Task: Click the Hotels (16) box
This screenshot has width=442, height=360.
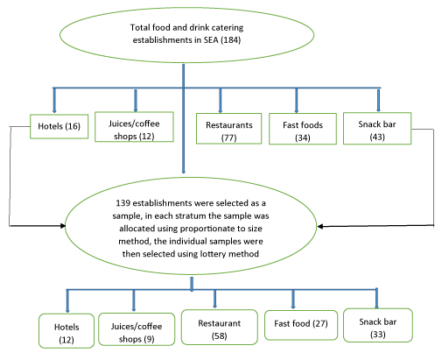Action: [59, 126]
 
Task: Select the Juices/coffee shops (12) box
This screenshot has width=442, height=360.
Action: [134, 127]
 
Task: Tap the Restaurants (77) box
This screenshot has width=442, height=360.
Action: [228, 129]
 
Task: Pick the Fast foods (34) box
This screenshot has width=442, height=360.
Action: [303, 129]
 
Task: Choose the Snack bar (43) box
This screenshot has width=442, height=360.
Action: [377, 129]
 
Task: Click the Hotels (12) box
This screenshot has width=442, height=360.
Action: [67, 331]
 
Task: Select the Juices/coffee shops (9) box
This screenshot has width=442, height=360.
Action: [137, 329]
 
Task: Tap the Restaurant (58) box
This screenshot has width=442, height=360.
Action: [220, 328]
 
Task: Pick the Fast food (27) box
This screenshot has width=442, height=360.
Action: [301, 325]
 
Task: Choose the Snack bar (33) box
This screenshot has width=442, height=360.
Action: [378, 325]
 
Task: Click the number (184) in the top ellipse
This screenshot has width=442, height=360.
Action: [230, 39]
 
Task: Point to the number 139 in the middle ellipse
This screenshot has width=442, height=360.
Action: [123, 203]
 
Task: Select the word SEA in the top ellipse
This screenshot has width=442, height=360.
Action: [211, 39]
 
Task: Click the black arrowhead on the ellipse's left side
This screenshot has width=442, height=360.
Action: [63, 226]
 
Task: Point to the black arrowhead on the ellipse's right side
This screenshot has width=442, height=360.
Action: [320, 227]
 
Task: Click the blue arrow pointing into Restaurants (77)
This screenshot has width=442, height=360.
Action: [221, 101]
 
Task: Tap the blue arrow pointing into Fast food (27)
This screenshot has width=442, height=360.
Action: [293, 300]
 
